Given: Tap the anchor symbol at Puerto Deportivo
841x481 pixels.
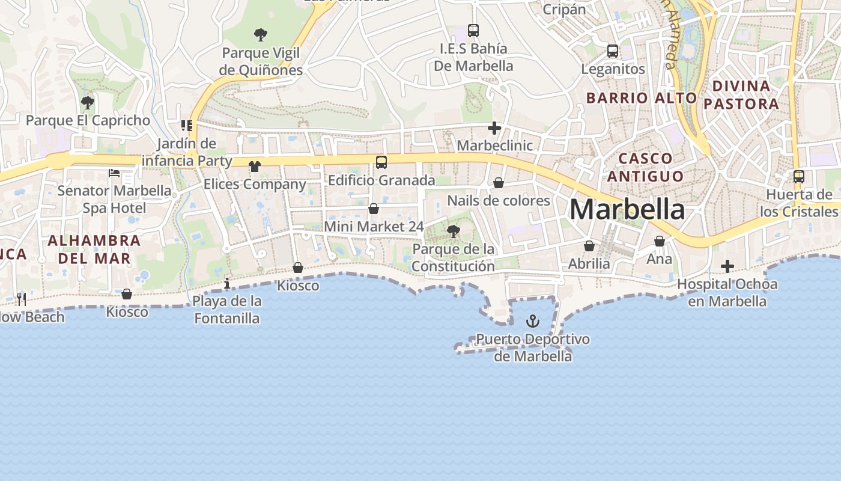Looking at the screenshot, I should pyautogui.click(x=532, y=321).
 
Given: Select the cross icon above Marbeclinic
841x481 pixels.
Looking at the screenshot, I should pyautogui.click(x=494, y=128).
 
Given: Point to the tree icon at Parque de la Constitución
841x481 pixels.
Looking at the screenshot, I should pyautogui.click(x=454, y=231).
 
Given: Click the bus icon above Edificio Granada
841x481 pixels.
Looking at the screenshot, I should pyautogui.click(x=381, y=162).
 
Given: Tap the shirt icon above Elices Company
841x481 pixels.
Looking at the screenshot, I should pyautogui.click(x=255, y=167).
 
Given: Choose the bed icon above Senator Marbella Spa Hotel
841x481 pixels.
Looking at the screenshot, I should pyautogui.click(x=114, y=173).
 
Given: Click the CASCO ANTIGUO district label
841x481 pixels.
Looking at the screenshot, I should pyautogui.click(x=645, y=167).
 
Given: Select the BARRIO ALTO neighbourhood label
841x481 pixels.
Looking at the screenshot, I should pyautogui.click(x=641, y=98).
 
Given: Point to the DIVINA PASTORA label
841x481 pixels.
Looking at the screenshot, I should pyautogui.click(x=741, y=95).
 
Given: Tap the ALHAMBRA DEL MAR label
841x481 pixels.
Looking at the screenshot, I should pyautogui.click(x=94, y=250).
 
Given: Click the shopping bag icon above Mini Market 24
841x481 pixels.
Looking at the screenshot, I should pyautogui.click(x=374, y=209).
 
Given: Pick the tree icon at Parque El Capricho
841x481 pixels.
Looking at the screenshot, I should pyautogui.click(x=88, y=103).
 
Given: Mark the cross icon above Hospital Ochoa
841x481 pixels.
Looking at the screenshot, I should pyautogui.click(x=727, y=266).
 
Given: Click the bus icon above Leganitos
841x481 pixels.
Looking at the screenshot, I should pyautogui.click(x=613, y=51).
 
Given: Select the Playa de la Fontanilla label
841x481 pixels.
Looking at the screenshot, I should pyautogui.click(x=227, y=310).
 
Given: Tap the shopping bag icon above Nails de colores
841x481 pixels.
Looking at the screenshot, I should pyautogui.click(x=499, y=183).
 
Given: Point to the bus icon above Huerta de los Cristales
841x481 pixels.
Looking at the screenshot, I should pyautogui.click(x=799, y=177).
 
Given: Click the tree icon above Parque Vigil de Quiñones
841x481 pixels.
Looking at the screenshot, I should pyautogui.click(x=260, y=35).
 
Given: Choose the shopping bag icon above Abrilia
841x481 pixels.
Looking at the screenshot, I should pyautogui.click(x=589, y=246).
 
